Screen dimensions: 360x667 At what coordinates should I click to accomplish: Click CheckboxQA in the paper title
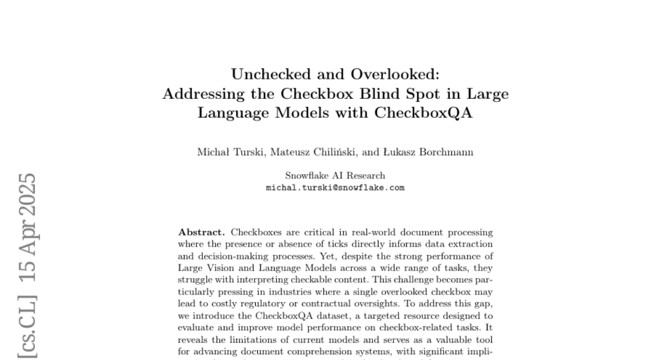tap(424, 113)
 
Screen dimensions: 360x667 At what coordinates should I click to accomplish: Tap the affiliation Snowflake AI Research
tap(335, 176)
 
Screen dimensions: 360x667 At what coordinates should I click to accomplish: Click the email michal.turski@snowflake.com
tap(335, 188)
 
